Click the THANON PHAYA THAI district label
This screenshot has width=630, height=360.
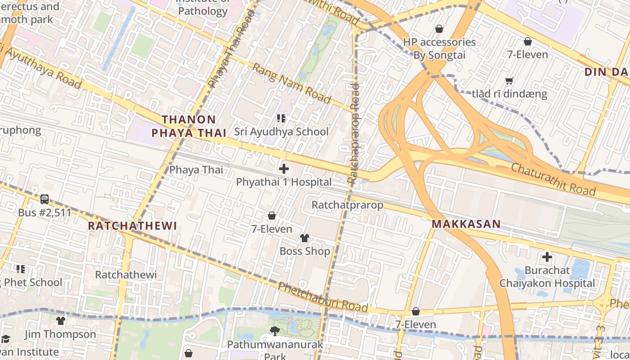(189, 126)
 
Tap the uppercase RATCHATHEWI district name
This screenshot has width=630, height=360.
(132, 226)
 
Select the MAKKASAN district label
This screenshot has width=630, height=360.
(466, 224)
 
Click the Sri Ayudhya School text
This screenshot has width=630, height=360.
(281, 132)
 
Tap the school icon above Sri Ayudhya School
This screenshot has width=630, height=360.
(281, 118)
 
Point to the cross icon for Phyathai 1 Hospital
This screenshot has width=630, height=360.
(284, 169)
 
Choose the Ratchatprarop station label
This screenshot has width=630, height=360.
(347, 205)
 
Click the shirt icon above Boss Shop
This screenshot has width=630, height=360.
(305, 238)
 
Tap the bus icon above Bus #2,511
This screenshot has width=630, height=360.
(45, 199)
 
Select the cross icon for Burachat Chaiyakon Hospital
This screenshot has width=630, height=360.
(547, 257)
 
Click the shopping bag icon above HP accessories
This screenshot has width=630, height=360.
(439, 29)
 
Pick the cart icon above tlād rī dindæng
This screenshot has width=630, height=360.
(509, 81)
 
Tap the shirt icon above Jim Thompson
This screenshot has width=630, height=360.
(60, 321)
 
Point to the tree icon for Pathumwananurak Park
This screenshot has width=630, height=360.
(274, 331)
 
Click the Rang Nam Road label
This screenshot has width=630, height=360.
(291, 83)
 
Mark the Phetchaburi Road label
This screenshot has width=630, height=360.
(323, 297)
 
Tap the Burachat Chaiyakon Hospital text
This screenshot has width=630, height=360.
(547, 277)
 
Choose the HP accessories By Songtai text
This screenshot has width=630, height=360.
(439, 49)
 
